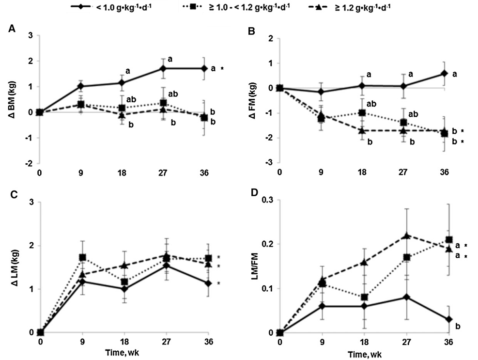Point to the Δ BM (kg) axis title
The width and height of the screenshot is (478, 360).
[12, 99]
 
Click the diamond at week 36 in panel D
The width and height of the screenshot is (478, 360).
[449, 319]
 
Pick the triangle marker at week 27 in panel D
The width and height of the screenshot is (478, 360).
[407, 235]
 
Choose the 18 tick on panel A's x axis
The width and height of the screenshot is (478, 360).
[123, 172]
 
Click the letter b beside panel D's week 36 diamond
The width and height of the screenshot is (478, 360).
[457, 326]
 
